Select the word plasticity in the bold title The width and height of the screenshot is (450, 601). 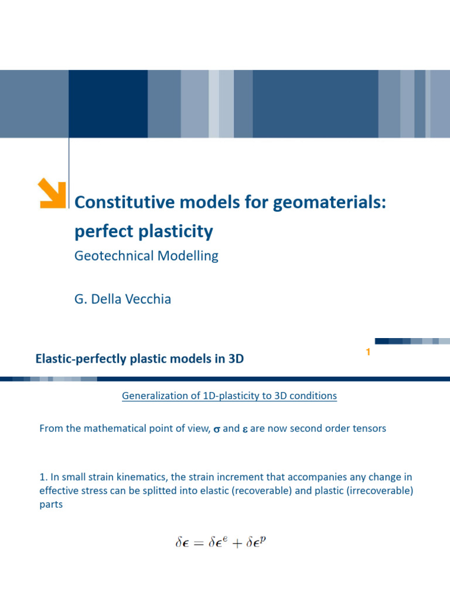[x=179, y=232]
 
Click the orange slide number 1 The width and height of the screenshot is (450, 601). [x=368, y=352]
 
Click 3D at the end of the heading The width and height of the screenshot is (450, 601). [x=236, y=359]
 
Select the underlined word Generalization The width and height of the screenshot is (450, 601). [x=152, y=396]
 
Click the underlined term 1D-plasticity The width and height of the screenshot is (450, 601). [x=230, y=396]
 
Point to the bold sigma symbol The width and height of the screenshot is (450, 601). [x=216, y=429]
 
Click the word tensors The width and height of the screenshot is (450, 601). [x=368, y=428]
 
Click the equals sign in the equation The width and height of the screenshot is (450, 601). [x=199, y=543]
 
